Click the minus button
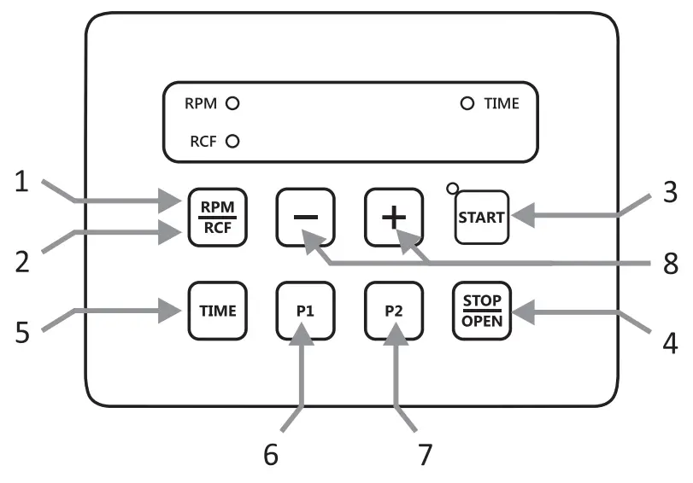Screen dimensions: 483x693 click(x=305, y=217)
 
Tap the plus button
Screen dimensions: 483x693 click(x=393, y=217)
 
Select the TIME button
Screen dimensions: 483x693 click(x=217, y=311)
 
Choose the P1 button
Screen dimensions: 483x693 click(x=305, y=311)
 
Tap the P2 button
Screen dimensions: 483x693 click(x=393, y=311)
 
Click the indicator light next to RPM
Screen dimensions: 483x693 click(x=232, y=104)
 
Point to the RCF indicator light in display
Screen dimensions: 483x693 click(x=232, y=142)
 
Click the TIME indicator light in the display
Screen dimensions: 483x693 click(x=467, y=104)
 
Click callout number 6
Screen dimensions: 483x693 click(x=270, y=453)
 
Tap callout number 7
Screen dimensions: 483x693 click(x=424, y=453)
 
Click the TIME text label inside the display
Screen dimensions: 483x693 click(x=502, y=104)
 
